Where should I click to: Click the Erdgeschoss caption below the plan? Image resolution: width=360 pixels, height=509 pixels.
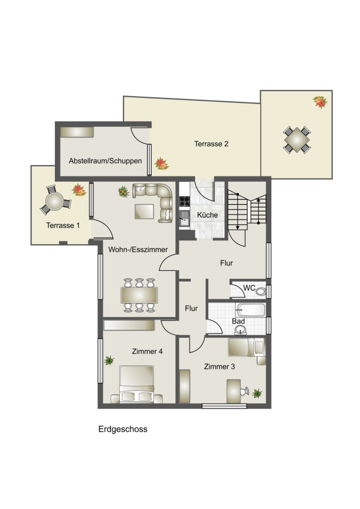123,429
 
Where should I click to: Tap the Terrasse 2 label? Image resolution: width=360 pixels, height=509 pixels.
211,144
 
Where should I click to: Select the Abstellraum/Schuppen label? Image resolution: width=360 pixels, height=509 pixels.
105,161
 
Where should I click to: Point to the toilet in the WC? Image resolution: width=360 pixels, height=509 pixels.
260,291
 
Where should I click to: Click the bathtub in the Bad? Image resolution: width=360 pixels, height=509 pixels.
250,310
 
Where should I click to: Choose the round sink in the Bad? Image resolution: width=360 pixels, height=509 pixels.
241,330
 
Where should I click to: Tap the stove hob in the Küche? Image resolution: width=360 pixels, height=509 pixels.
185,201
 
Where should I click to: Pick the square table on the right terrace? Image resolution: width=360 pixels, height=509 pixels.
297,140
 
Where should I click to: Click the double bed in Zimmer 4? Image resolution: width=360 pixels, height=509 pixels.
136,385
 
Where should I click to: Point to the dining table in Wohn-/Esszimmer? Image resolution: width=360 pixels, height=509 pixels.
139,295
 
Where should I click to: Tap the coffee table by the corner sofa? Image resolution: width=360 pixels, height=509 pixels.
144,212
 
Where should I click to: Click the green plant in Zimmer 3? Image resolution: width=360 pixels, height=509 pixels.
257,394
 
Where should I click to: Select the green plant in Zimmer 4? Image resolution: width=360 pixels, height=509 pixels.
109,360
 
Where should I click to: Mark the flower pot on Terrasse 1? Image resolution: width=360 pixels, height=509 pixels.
79,190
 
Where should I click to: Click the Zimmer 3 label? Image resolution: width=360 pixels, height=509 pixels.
219,366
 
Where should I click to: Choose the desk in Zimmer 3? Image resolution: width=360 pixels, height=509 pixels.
234,391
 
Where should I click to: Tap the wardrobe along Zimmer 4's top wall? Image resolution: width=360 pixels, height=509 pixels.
129,325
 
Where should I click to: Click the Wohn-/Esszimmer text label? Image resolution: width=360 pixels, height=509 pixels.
138,249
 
